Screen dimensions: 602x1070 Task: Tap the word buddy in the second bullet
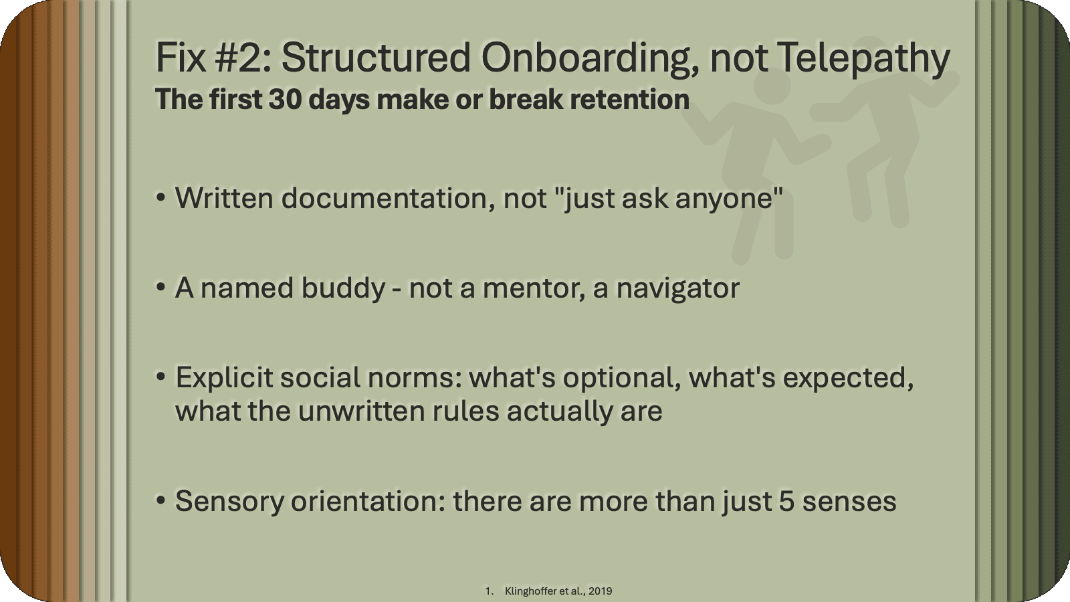(x=343, y=288)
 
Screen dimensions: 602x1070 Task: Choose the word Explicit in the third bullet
(x=223, y=378)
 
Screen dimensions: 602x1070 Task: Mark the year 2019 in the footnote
(x=601, y=591)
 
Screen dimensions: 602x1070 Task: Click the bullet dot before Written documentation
(x=160, y=199)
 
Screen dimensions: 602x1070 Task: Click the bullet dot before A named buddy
(x=160, y=288)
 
